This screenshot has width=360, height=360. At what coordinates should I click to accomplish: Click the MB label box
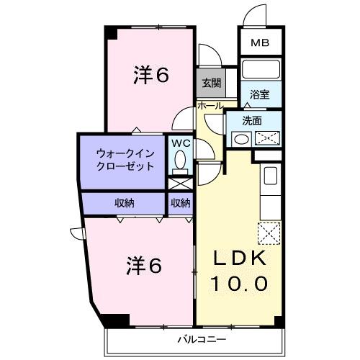260,42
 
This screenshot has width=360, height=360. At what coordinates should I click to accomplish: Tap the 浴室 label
260,94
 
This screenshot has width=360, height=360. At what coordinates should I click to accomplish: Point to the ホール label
210,106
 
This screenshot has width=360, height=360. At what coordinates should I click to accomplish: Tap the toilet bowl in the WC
181,159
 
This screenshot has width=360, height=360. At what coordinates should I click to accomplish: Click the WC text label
181,142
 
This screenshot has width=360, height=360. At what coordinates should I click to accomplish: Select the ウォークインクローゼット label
125,159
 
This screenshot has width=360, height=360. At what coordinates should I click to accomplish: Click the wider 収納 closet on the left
124,203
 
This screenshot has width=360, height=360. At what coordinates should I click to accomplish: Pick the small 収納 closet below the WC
181,203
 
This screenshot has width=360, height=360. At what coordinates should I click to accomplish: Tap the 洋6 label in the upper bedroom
150,76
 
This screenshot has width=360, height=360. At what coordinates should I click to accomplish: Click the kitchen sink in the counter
271,176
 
